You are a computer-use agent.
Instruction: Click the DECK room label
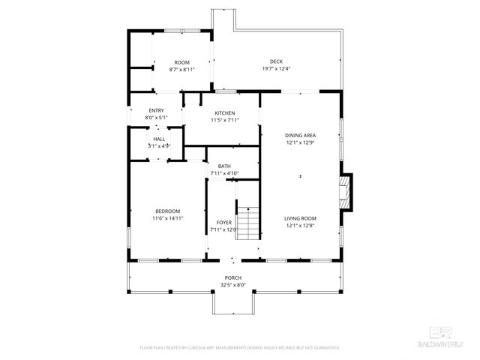tap(276, 61)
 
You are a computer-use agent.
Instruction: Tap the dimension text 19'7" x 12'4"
tap(276, 69)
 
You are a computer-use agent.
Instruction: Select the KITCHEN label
tap(225, 113)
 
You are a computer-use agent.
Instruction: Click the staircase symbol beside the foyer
tap(248, 222)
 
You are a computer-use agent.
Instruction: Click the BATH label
tap(224, 166)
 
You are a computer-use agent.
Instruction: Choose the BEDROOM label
tap(168, 211)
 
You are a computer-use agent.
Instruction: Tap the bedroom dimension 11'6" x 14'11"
tap(168, 218)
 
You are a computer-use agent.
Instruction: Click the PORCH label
tap(232, 277)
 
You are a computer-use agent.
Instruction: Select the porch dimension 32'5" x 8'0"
tap(232, 285)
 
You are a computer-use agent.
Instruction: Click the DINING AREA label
tap(300, 135)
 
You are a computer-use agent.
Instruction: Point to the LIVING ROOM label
tap(300, 218)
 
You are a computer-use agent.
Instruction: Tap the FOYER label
tap(224, 223)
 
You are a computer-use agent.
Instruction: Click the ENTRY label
tap(156, 110)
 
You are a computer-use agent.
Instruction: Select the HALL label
tap(159, 139)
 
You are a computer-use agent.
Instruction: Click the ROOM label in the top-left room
tap(181, 62)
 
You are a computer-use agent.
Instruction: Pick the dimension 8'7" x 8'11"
tap(181, 70)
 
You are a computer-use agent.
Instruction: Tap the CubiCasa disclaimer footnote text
tap(240, 348)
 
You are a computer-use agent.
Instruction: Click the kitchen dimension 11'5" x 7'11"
tap(225, 120)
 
